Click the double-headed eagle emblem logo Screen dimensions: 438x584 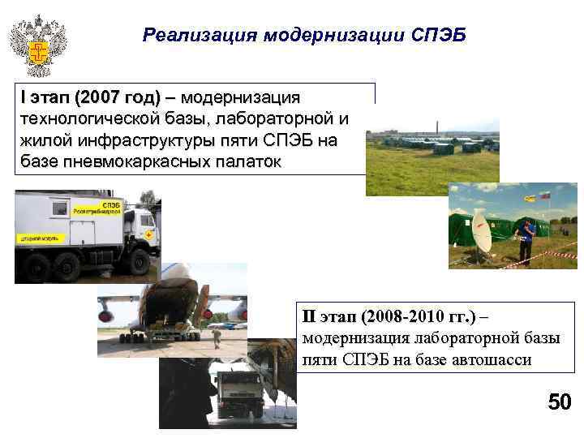pyautogui.click(x=37, y=45)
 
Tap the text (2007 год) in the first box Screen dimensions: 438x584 pyautogui.click(x=117, y=98)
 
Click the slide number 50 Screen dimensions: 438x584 pyautogui.click(x=559, y=402)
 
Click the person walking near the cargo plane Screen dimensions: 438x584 pyautogui.click(x=216, y=336)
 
